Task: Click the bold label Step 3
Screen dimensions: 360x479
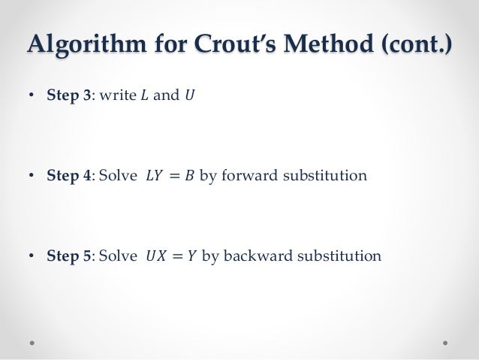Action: click(69, 95)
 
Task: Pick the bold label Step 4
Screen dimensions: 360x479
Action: click(69, 176)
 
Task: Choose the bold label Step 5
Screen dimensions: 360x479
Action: click(69, 256)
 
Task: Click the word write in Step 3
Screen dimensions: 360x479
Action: click(114, 95)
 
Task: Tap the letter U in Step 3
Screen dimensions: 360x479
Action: click(188, 95)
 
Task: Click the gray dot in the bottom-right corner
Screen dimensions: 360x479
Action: click(445, 342)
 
